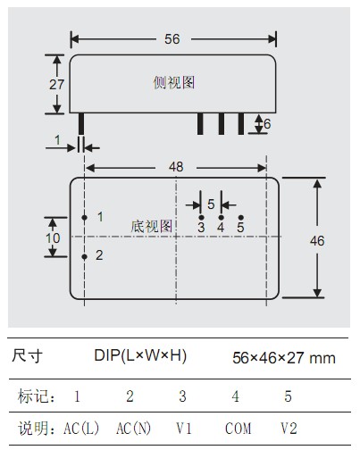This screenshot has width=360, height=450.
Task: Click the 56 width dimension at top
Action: click(x=172, y=39)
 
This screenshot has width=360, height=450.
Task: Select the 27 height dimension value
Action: click(x=56, y=85)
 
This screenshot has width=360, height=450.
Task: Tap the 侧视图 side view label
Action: click(x=174, y=82)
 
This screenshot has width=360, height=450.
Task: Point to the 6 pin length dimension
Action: click(x=267, y=124)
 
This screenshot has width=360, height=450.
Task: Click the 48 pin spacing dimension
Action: click(x=176, y=167)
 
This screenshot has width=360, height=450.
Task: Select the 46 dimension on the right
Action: click(x=317, y=241)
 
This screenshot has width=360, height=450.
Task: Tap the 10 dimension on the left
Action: click(x=53, y=238)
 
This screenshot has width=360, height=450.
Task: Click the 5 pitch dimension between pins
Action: click(x=211, y=204)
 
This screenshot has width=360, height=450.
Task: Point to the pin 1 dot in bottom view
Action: click(x=85, y=218)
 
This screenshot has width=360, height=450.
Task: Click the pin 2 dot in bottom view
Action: click(x=85, y=256)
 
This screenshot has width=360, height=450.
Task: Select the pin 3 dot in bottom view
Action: click(x=201, y=218)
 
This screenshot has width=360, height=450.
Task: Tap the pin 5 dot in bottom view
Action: click(x=241, y=218)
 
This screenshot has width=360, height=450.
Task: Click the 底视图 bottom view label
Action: click(x=152, y=227)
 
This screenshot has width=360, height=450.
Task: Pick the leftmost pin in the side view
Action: click(x=81, y=124)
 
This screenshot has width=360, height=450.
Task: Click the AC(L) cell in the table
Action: click(x=81, y=429)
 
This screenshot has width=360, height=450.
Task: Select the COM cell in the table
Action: click(x=238, y=429)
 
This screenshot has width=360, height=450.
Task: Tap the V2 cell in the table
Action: click(x=289, y=429)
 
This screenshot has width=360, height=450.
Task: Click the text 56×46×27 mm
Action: click(x=284, y=358)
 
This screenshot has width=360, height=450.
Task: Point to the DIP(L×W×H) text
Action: click(x=140, y=355)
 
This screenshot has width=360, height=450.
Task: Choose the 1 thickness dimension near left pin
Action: click(x=57, y=140)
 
